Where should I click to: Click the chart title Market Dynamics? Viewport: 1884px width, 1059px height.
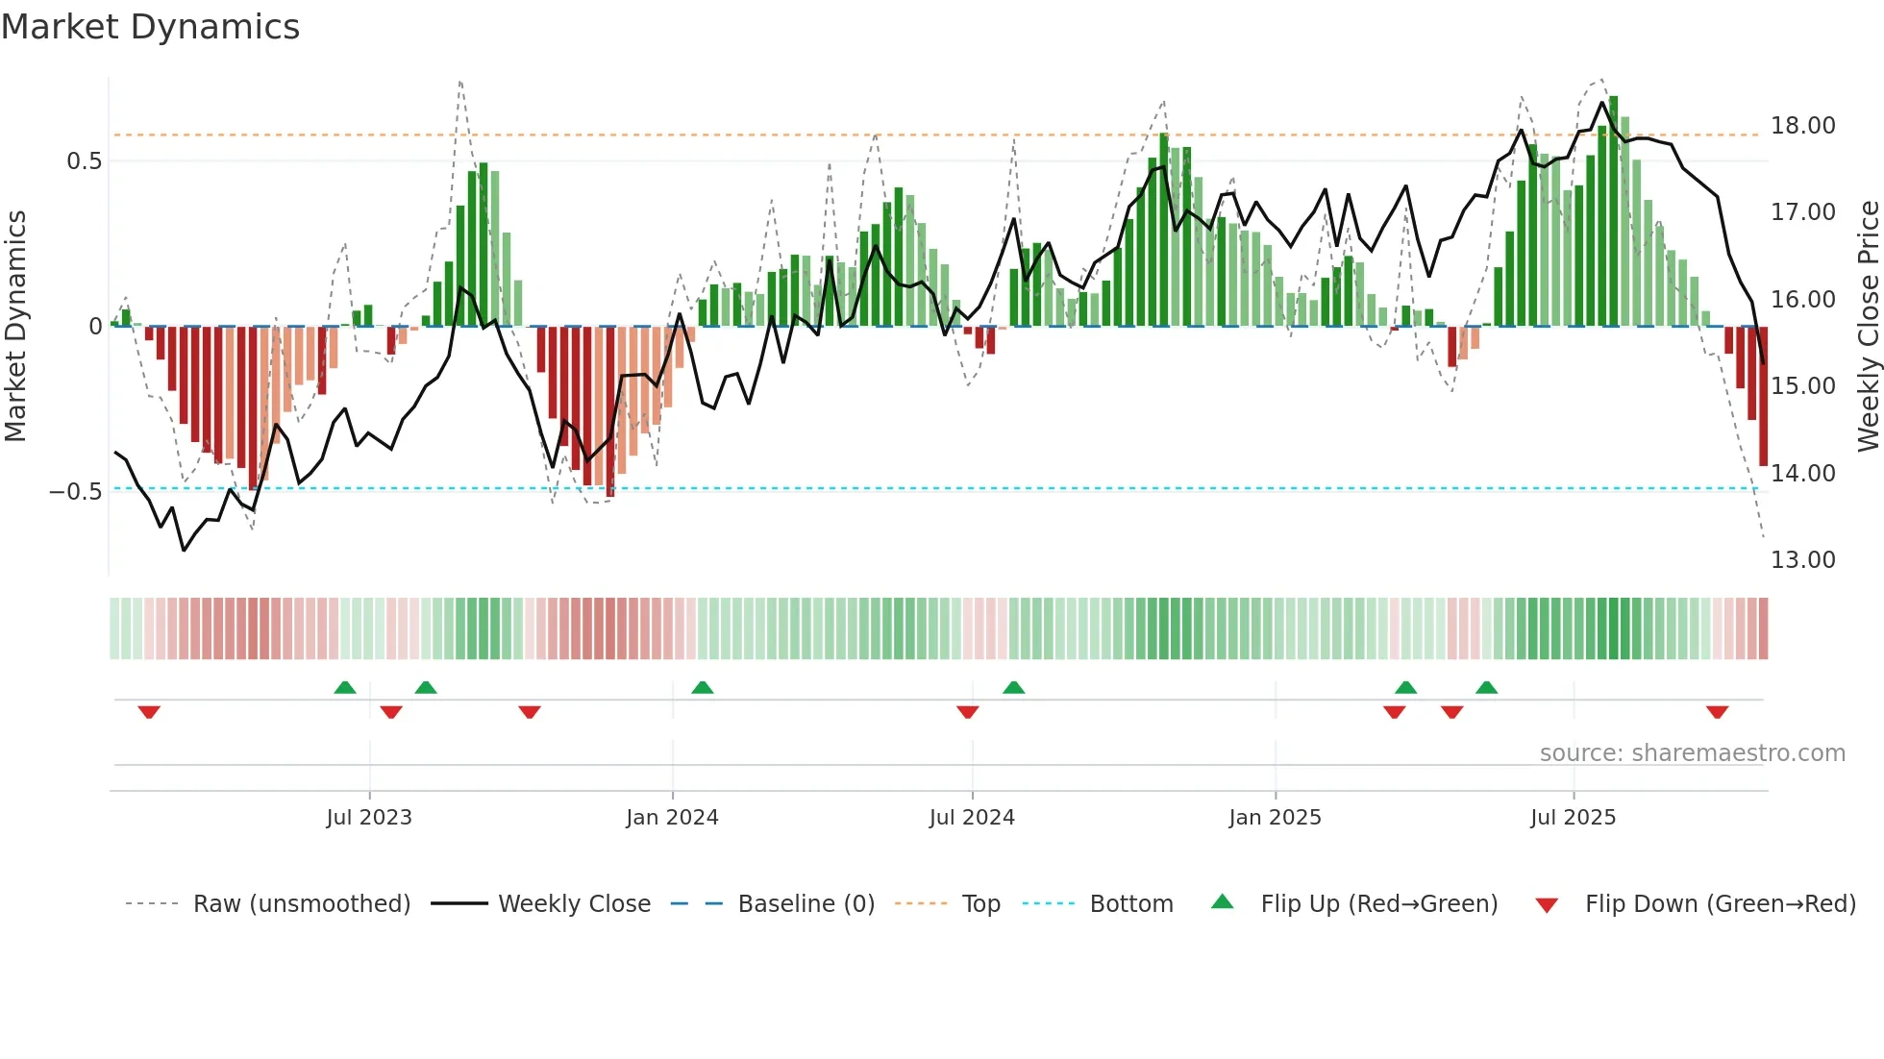tap(150, 27)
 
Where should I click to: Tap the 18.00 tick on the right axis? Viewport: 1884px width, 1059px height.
tap(1802, 126)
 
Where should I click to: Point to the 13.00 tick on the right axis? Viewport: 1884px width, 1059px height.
tap(1802, 560)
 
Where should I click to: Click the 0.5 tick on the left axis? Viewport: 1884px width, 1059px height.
tap(84, 161)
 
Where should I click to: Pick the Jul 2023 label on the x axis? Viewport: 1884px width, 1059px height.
tap(369, 818)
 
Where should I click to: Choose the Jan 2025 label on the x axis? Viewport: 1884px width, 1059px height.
tap(1275, 818)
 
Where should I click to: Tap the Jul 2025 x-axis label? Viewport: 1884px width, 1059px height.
tap(1573, 818)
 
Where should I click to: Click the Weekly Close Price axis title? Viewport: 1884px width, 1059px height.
tap(1868, 326)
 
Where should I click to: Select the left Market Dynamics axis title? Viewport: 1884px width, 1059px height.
tap(15, 326)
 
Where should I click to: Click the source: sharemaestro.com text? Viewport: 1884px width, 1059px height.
tap(1692, 753)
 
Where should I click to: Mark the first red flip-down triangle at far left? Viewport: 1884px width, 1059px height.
tap(149, 712)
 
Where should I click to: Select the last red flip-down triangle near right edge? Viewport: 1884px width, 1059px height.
tap(1717, 712)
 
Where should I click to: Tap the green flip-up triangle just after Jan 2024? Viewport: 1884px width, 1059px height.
tap(703, 687)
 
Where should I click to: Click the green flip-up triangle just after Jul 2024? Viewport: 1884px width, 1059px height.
tap(1013, 687)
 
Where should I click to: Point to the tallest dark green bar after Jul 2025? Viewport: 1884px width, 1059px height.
tap(1613, 211)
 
